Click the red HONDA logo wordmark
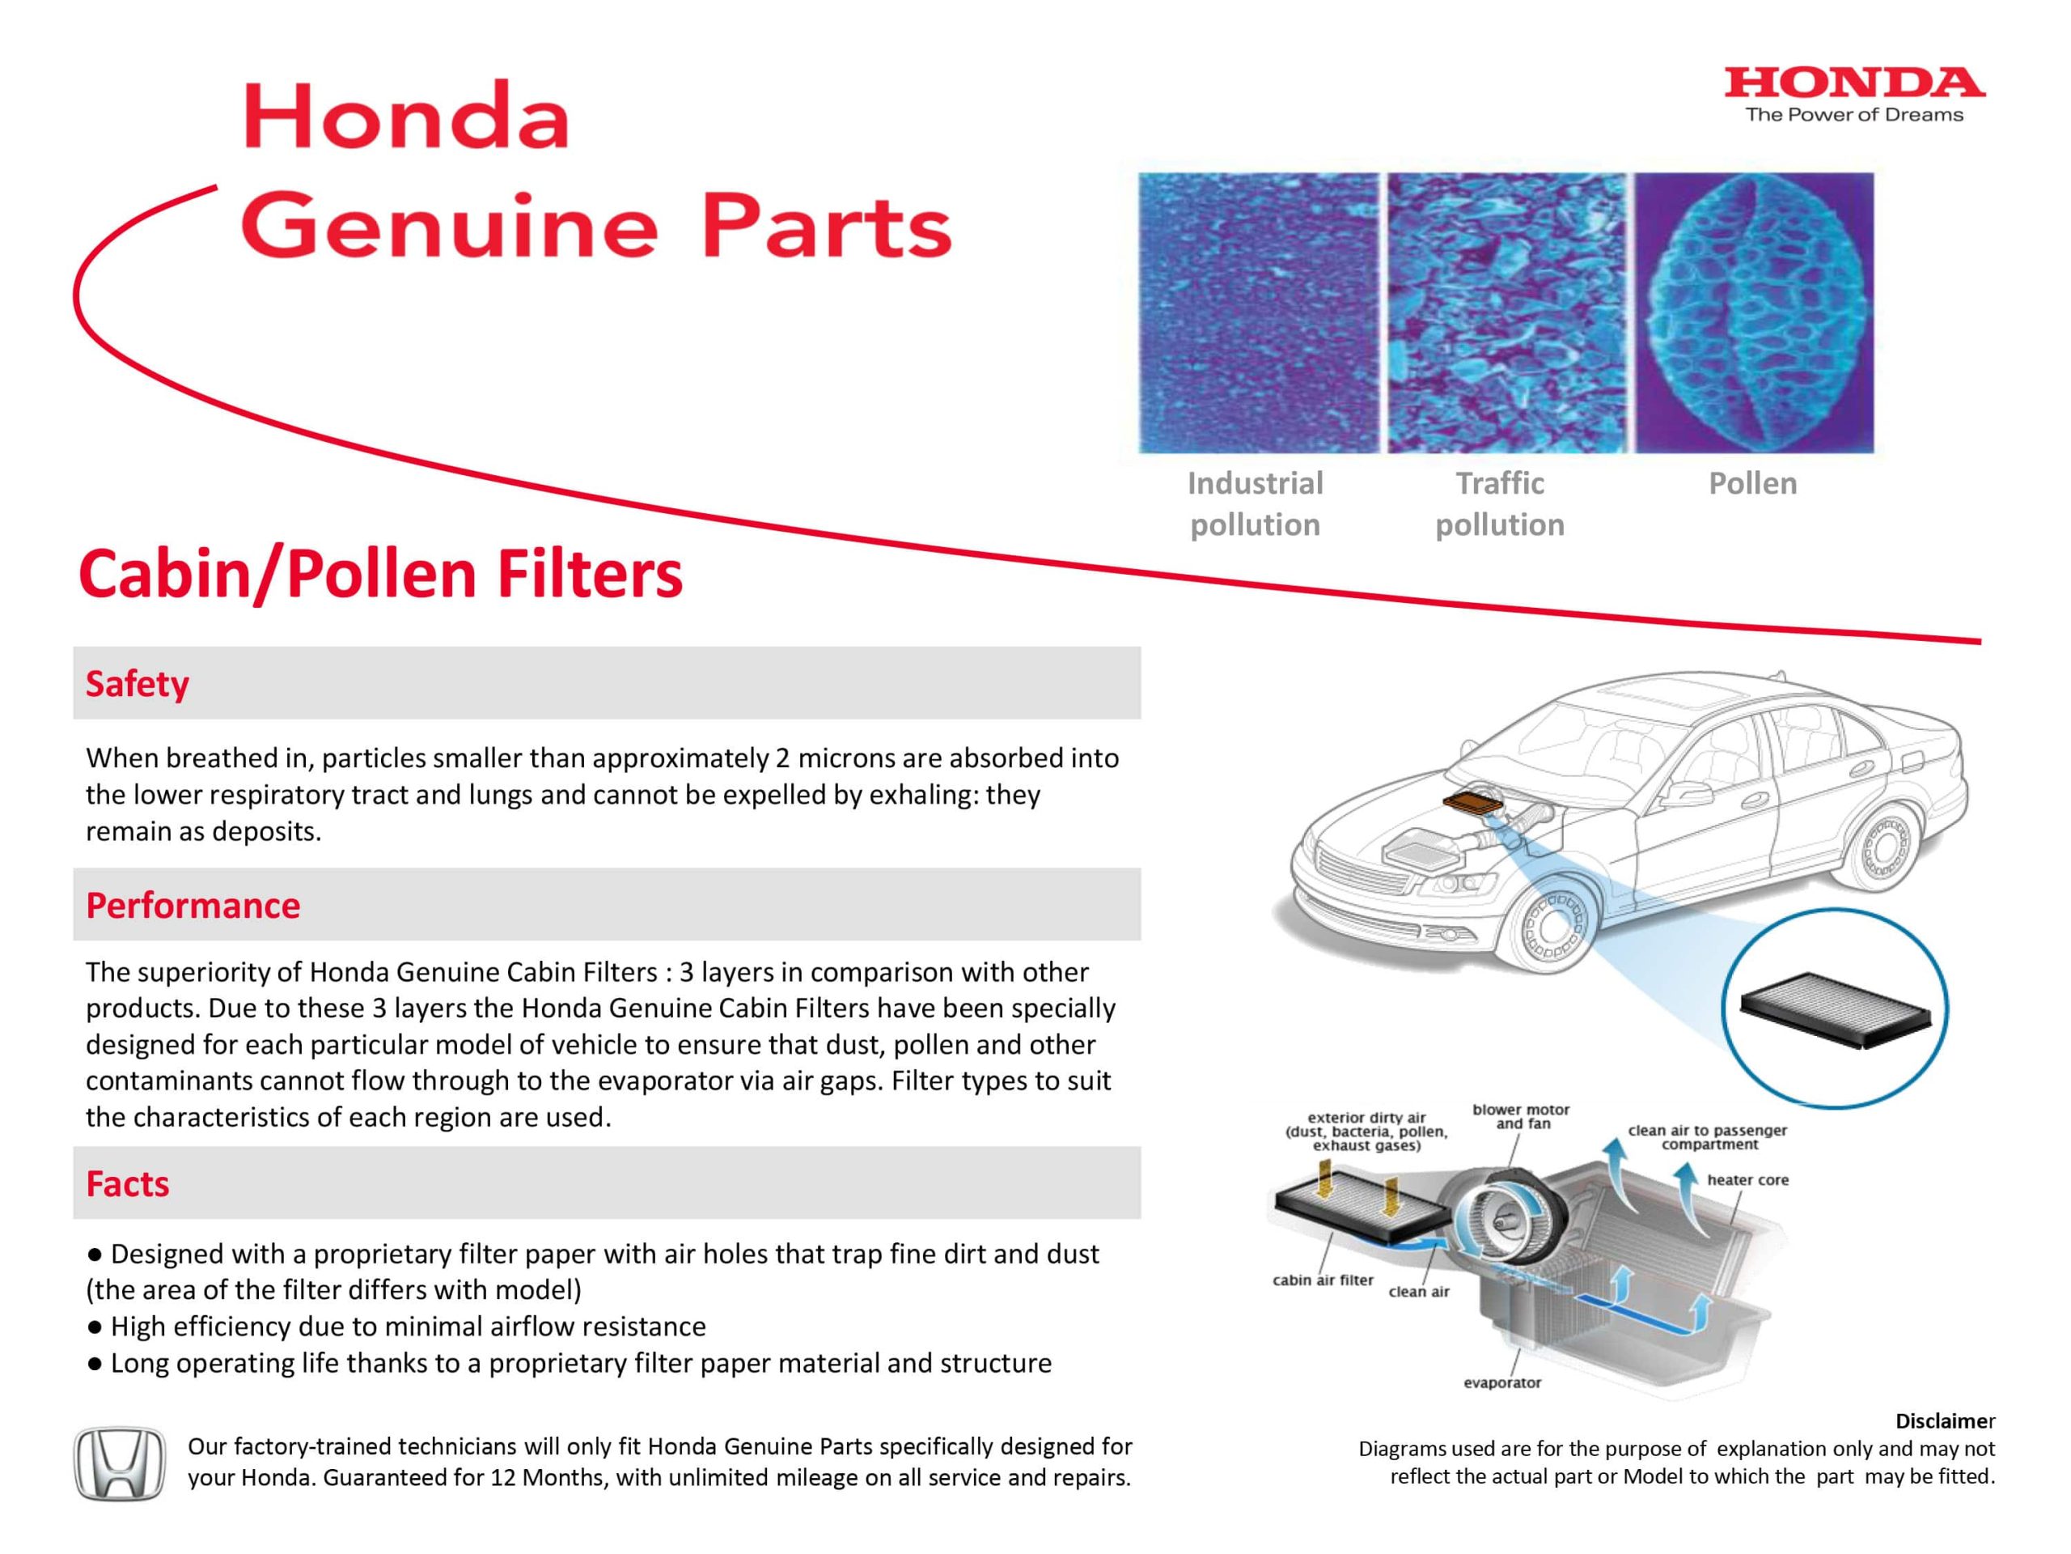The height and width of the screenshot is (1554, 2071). tap(1854, 83)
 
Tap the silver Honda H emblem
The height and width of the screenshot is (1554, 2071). tap(119, 1463)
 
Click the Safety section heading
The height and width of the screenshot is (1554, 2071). tap(137, 684)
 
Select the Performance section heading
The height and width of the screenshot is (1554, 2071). tap(193, 906)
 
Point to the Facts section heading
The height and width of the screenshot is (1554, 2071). tap(127, 1184)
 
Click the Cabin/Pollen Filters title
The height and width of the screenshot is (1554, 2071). tap(380, 573)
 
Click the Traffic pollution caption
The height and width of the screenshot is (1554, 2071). tap(1500, 504)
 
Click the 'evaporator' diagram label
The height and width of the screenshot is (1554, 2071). tap(1501, 1382)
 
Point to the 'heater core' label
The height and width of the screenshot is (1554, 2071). tap(1747, 1180)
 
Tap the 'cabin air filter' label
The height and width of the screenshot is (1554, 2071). tap(1322, 1280)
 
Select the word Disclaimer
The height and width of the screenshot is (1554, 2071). tap(1945, 1421)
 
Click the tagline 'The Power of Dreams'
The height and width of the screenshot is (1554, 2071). tap(1854, 115)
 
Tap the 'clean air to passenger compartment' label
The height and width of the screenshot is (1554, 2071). tap(1707, 1137)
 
